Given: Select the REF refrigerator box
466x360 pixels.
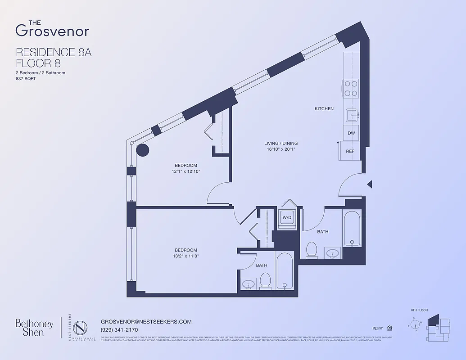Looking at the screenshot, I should click(x=350, y=151).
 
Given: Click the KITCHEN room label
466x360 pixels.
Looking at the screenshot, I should click(x=324, y=108).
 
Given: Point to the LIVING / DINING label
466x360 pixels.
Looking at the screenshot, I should click(x=281, y=144).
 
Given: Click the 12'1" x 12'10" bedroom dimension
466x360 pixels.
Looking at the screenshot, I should click(x=185, y=171).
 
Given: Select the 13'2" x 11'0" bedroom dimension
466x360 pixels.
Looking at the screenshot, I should click(x=185, y=256).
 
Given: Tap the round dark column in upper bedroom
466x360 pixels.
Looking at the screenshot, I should click(x=143, y=150).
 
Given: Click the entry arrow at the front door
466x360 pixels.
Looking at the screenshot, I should click(x=369, y=184).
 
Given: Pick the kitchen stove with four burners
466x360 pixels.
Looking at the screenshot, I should click(x=351, y=88).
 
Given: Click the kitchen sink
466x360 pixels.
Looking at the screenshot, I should click(x=351, y=115).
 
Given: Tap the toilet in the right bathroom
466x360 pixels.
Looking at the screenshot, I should click(x=312, y=250).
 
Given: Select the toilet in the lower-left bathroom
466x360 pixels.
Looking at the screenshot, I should click(x=265, y=281).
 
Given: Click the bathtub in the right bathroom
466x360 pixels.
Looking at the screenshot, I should click(x=352, y=228).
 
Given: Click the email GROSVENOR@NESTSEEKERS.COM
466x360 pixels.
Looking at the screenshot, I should click(x=146, y=322).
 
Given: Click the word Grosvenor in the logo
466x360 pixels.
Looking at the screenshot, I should click(x=52, y=31).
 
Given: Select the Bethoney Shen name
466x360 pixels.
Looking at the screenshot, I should click(x=34, y=328).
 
